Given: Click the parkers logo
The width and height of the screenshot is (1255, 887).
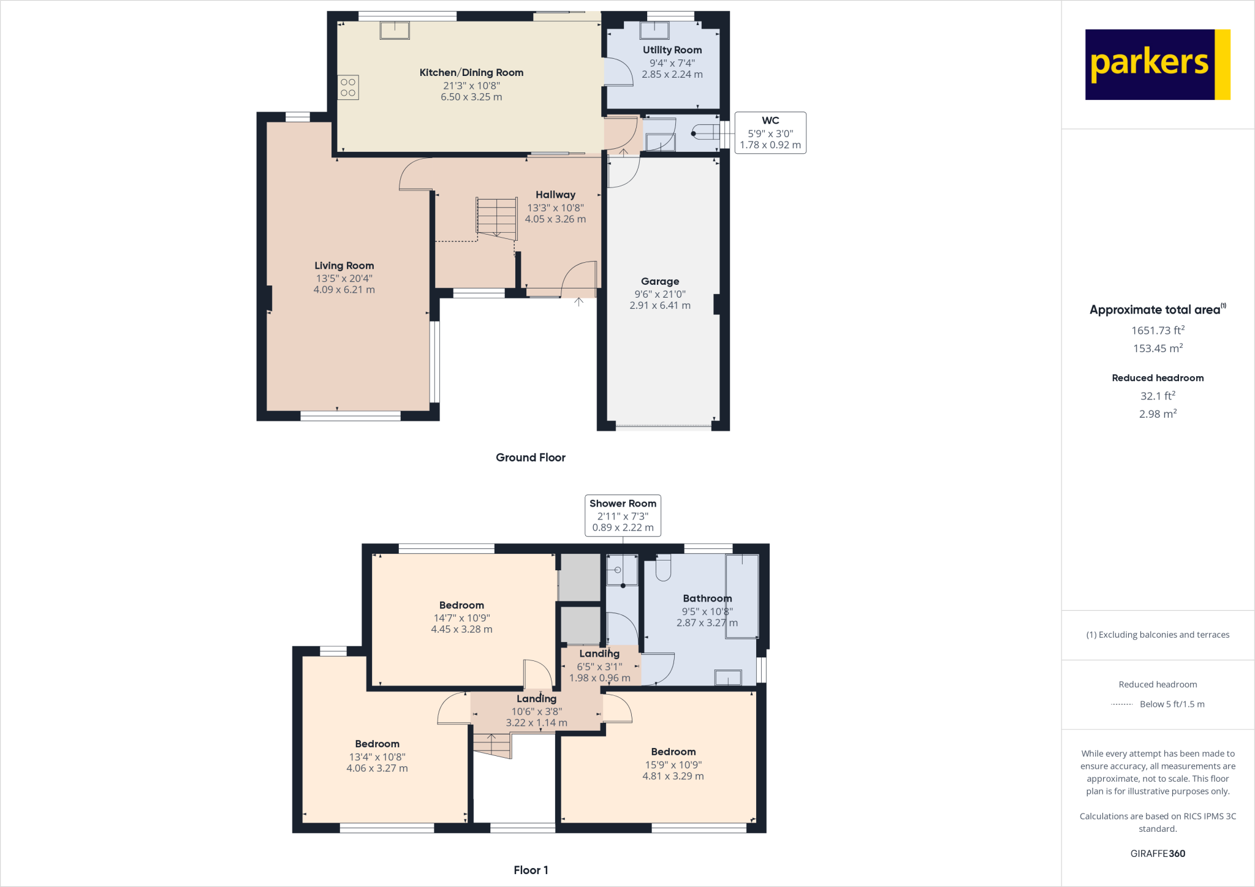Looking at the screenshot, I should pyautogui.click(x=1157, y=64).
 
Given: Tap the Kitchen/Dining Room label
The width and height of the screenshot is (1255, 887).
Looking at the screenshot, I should pyautogui.click(x=471, y=72).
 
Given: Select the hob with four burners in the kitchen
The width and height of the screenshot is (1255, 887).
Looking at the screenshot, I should pyautogui.click(x=348, y=88).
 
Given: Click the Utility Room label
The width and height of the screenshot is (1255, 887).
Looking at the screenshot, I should pyautogui.click(x=672, y=50).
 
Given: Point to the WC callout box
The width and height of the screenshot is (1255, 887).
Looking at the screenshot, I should pyautogui.click(x=770, y=133).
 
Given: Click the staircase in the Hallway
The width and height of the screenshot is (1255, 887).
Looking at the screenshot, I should pyautogui.click(x=497, y=217).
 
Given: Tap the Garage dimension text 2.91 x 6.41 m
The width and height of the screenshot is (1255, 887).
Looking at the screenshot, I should pyautogui.click(x=660, y=305).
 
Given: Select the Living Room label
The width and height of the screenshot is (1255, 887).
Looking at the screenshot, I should pyautogui.click(x=344, y=266).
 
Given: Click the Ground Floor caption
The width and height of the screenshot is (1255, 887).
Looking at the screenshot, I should pyautogui.click(x=530, y=458).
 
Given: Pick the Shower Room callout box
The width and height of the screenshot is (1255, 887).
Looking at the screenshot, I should pyautogui.click(x=623, y=515).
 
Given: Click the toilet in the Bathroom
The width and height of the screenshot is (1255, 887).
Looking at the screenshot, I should pyautogui.click(x=663, y=567).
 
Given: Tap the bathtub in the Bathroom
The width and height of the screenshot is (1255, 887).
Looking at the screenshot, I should pyautogui.click(x=742, y=596).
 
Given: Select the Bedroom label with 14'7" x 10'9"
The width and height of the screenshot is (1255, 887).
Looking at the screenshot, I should pyautogui.click(x=461, y=605).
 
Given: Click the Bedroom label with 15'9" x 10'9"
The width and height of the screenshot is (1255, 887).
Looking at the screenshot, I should pyautogui.click(x=673, y=752).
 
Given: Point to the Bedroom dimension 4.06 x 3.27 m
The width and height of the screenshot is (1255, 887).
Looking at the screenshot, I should pyautogui.click(x=377, y=768).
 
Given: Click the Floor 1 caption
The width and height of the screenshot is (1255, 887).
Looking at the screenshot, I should pyautogui.click(x=531, y=870).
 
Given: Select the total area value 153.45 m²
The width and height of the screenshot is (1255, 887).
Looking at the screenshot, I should pyautogui.click(x=1158, y=349).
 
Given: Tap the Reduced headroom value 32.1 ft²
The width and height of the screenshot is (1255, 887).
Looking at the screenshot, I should pyautogui.click(x=1158, y=396).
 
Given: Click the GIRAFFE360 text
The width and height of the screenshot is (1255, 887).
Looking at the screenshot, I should pyautogui.click(x=1158, y=853).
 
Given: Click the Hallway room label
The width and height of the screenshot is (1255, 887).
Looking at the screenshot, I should pyautogui.click(x=555, y=195).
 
